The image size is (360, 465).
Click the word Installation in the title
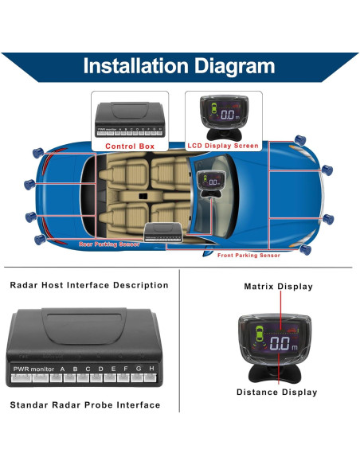click(x=134, y=65)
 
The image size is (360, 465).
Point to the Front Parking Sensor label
click(x=249, y=256)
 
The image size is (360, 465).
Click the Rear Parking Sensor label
click(x=109, y=244)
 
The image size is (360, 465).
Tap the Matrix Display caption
click(x=278, y=287)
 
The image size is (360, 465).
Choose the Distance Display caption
click(x=277, y=392)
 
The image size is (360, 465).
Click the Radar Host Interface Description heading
click(x=89, y=284)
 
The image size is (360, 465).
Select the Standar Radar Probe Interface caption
click(x=85, y=404)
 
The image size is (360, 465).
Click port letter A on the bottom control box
click(x=63, y=369)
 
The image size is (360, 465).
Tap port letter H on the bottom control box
click(x=151, y=369)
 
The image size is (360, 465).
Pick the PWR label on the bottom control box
click(x=21, y=369)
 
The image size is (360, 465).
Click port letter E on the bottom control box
click(x=113, y=369)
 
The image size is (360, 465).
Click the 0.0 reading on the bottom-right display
click(x=280, y=344)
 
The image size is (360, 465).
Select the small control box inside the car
click(x=163, y=232)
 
